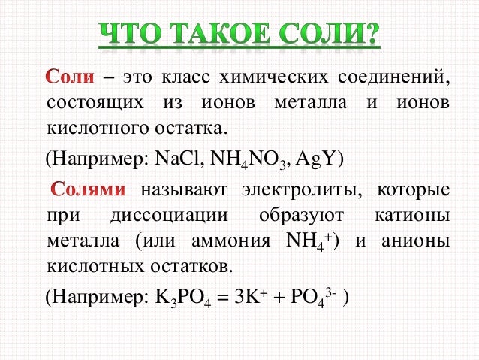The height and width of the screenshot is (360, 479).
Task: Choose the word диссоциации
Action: coord(169,216)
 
